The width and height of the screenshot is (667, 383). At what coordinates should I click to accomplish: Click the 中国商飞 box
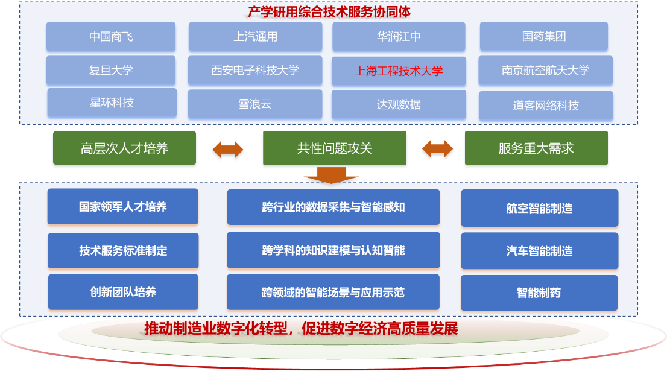coord(111,37)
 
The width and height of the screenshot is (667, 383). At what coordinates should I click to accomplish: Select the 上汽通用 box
coord(256,37)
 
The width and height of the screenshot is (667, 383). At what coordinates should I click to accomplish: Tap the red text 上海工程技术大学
coord(399,71)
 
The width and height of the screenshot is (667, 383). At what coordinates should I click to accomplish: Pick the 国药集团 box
coord(544,37)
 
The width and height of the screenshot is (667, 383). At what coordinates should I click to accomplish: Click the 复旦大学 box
coord(111,70)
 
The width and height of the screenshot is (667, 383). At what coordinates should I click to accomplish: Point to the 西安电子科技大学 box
coord(255,71)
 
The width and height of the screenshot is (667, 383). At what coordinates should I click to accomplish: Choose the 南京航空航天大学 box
coord(545,71)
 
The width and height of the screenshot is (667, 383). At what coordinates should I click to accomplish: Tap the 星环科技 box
coord(112,103)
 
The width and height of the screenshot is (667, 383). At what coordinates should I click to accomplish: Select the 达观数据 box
coord(399,104)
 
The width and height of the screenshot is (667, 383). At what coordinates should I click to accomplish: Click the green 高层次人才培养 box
coord(124,148)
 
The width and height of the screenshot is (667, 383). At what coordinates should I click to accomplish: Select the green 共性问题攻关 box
coord(335,148)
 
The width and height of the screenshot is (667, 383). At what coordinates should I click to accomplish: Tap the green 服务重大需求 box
coord(536,148)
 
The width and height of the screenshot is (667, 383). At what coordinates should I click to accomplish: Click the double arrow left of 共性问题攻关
coord(228,151)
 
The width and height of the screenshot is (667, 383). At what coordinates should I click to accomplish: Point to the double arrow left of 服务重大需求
coord(437,150)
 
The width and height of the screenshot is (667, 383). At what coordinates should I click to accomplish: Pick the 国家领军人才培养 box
coord(123,207)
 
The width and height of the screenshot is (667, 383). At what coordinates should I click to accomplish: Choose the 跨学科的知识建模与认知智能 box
coord(333,250)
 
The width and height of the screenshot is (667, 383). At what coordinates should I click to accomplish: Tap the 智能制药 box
coord(539,293)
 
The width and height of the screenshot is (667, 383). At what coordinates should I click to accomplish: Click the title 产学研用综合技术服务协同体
coord(329,11)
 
